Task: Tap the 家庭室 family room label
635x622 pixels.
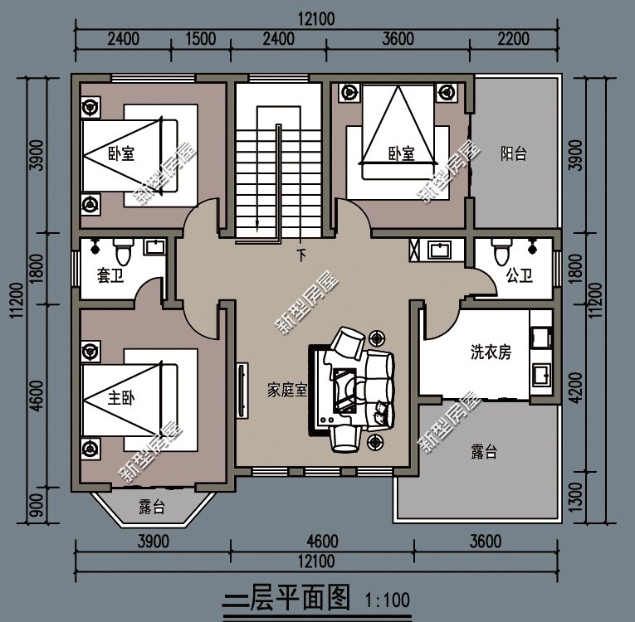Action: pyautogui.click(x=287, y=390)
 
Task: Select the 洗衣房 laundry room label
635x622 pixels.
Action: pyautogui.click(x=491, y=352)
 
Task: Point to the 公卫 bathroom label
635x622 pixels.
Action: pyautogui.click(x=520, y=276)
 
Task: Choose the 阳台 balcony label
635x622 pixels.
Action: pyautogui.click(x=514, y=153)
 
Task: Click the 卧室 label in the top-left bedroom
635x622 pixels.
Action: pyautogui.click(x=121, y=153)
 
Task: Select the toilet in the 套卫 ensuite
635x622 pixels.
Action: pyautogui.click(x=123, y=248)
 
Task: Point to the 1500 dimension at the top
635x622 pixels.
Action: pyautogui.click(x=201, y=38)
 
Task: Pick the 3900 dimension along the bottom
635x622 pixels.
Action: pyautogui.click(x=154, y=542)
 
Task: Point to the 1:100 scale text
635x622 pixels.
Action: pyautogui.click(x=387, y=598)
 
